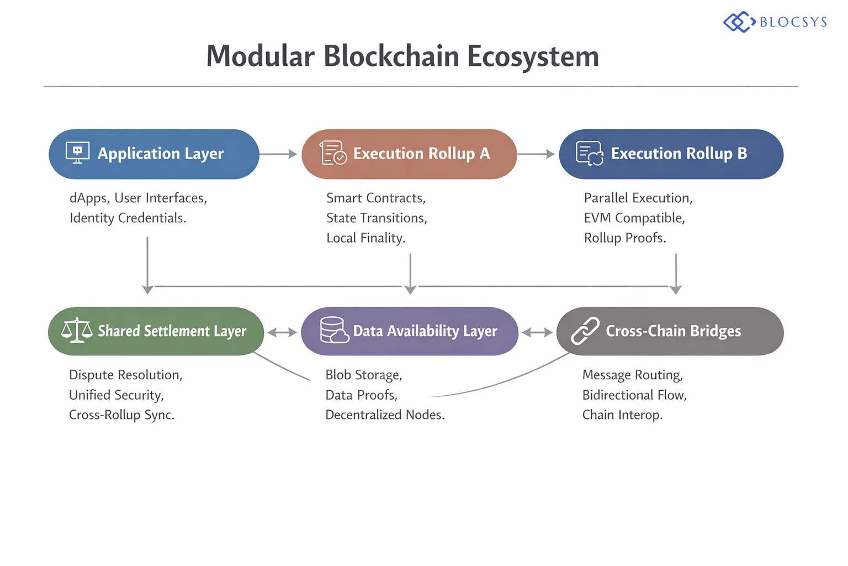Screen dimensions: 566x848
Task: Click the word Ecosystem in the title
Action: (x=533, y=56)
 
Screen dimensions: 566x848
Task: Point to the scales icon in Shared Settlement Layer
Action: (x=77, y=331)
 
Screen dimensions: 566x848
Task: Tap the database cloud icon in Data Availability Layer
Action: (x=334, y=331)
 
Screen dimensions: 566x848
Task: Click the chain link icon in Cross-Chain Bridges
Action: (x=585, y=331)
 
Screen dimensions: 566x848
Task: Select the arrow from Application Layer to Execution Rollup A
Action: (x=279, y=154)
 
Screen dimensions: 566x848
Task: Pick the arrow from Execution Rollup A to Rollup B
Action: (x=536, y=154)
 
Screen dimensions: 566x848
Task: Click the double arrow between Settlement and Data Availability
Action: (x=282, y=332)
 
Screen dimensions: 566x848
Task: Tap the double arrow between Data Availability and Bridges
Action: (x=537, y=332)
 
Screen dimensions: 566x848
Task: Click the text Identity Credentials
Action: (x=128, y=218)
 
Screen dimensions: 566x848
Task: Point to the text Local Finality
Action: (x=365, y=238)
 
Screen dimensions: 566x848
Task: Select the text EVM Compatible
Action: (x=634, y=218)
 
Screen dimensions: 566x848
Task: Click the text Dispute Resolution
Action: (x=125, y=375)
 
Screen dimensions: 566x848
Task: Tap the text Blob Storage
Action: (x=363, y=375)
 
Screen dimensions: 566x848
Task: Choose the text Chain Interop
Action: (x=622, y=415)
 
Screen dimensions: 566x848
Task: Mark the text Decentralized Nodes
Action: (x=385, y=415)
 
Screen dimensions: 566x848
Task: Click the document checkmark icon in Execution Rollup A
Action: (x=333, y=153)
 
